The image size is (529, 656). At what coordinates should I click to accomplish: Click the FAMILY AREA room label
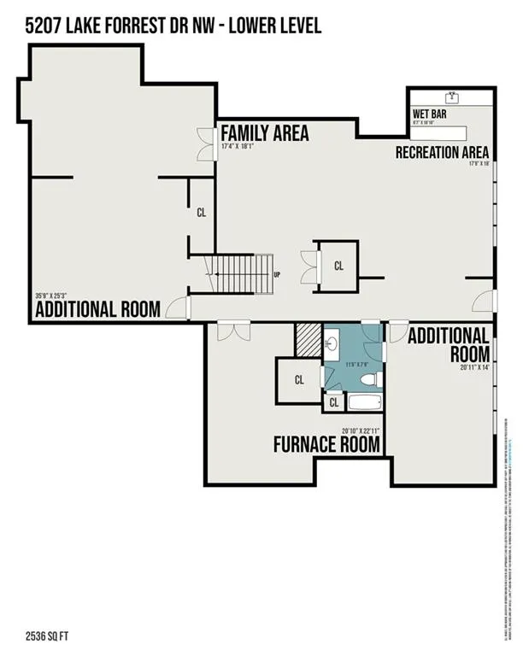coord(265,133)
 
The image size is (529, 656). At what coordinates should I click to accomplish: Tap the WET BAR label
coord(429,113)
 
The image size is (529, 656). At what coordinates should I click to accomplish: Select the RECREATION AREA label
coord(442,152)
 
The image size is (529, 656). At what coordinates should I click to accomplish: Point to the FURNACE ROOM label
coord(326,444)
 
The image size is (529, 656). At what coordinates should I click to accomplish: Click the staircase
coord(242,275)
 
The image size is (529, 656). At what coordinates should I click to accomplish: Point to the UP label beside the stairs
coord(277,275)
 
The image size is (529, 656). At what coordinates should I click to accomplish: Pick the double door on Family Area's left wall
coord(205,144)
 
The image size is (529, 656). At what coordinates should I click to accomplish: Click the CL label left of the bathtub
coord(334,401)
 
